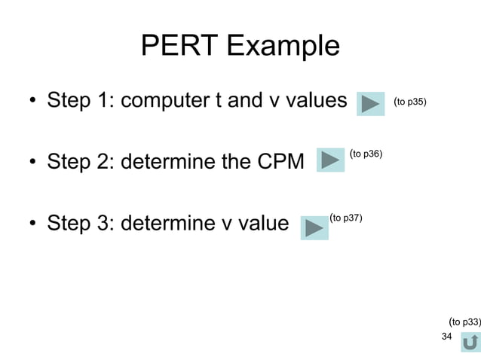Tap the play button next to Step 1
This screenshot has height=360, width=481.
[x=371, y=103]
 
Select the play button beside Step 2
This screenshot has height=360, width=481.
[x=330, y=160]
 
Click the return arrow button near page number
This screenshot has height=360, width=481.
[x=470, y=342]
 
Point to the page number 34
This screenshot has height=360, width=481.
[x=446, y=336]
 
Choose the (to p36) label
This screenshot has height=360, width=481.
[x=366, y=154]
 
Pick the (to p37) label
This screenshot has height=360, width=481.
[x=346, y=218]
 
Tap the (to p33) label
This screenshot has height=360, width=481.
[x=464, y=322]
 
